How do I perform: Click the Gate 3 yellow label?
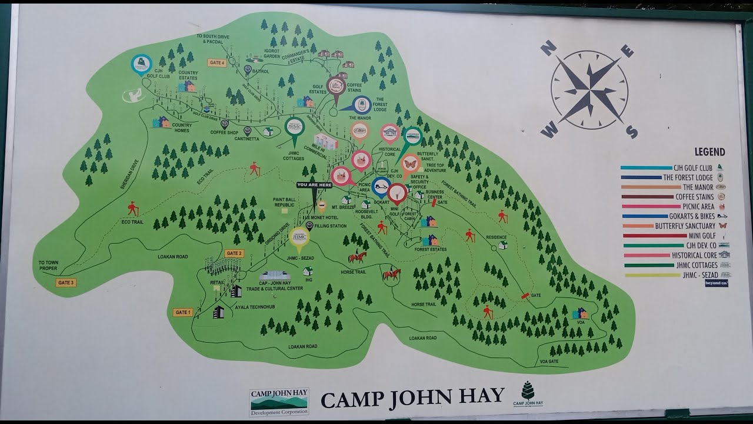(x=66, y=283)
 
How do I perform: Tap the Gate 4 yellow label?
(x=216, y=62)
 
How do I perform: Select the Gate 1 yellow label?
(x=182, y=312)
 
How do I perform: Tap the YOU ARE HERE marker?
(x=314, y=185)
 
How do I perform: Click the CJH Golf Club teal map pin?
(x=141, y=64)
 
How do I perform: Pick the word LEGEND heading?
(x=709, y=152)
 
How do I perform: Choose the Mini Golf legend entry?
(x=693, y=236)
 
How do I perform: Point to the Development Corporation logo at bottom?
(x=279, y=402)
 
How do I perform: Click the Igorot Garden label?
(x=272, y=53)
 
